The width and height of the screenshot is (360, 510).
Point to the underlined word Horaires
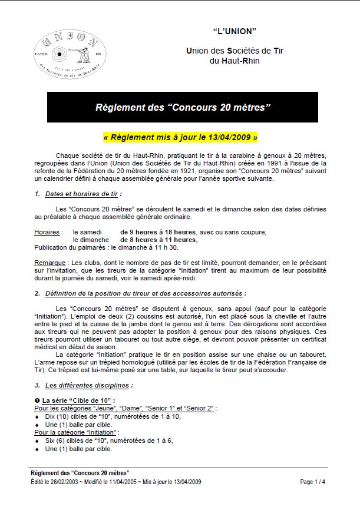[x=47, y=232]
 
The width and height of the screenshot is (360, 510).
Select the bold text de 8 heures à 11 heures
[x=158, y=240]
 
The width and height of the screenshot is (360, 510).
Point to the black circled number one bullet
[x=37, y=400]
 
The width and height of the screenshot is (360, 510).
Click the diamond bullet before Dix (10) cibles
[x=37, y=416]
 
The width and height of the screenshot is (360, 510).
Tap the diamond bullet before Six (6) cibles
[x=37, y=441]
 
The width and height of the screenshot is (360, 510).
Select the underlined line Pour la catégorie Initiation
[x=77, y=432]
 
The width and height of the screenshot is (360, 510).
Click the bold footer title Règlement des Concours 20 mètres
[x=80, y=473]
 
